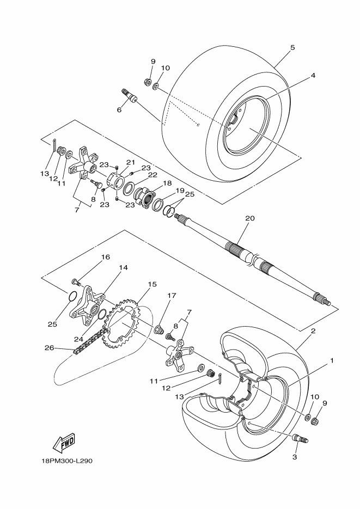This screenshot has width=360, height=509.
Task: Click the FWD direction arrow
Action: coord(64,443)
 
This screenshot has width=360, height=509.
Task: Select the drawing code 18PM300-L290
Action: coord(66,461)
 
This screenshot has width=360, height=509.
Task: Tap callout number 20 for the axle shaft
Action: coord(250,218)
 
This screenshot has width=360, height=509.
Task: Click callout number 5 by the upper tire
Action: coord(293,48)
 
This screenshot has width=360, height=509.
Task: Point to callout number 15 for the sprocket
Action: coord(152,284)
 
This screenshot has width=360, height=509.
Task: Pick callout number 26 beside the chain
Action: coord(50,348)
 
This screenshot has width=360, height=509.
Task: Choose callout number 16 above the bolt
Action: coord(106,257)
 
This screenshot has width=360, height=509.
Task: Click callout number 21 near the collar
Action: coord(131,162)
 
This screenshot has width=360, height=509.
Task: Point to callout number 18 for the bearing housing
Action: coord(168,183)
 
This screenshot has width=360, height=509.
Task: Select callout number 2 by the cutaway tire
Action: coord(313,331)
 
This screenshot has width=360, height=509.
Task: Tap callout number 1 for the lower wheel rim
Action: coord(332,360)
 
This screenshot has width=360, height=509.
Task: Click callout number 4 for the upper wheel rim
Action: coord(313,75)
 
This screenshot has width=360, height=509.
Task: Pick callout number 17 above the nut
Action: coord(172,296)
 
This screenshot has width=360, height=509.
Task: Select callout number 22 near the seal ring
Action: coord(152,175)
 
